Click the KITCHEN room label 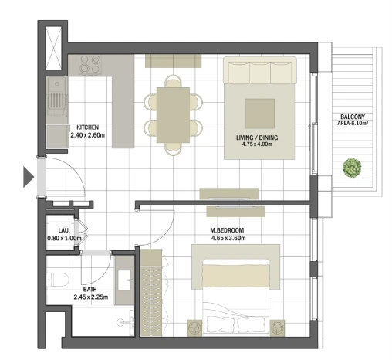pos(88,127)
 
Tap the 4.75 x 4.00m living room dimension pos(257,144)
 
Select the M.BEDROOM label pos(227,230)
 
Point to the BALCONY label pos(353,117)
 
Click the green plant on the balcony pos(352,168)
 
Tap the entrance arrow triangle pos(29,177)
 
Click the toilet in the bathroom pos(58,280)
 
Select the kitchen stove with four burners pos(90,65)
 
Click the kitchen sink pos(58,100)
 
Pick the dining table pos(173,115)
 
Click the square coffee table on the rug pos(260,114)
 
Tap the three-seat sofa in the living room pos(260,70)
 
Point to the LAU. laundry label pos(64,230)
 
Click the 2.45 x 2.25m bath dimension pos(91,297)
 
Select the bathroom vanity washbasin pos(125,280)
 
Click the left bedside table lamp pos(194,328)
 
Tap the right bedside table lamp pos(277,328)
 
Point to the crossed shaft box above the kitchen pos(53,48)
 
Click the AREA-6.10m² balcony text pos(353,124)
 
